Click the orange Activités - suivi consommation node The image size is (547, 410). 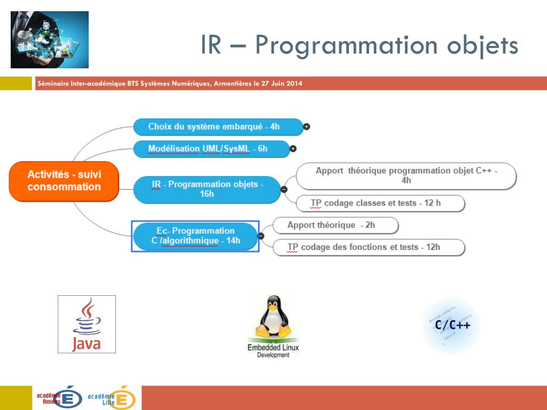point(64,181)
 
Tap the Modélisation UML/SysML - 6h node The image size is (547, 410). point(210,148)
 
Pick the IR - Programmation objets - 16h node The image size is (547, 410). point(207,189)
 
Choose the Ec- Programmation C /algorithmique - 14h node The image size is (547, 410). point(196,235)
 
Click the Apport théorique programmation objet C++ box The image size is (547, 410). point(406,176)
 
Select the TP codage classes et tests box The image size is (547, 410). point(380,203)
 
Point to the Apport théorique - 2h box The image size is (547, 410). point(335,225)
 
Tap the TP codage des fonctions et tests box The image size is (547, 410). point(369,247)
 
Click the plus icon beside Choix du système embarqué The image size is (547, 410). point(307,127)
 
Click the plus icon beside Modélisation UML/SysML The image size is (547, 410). point(293,148)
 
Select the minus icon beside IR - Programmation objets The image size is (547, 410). point(284,189)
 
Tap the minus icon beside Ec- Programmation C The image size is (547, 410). point(261,235)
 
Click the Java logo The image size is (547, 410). point(87,324)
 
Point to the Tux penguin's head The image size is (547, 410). point(273,306)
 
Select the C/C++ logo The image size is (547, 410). point(452,325)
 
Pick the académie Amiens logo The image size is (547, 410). point(59,398)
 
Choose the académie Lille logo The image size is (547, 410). point(112,398)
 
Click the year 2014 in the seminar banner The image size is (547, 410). point(293,83)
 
